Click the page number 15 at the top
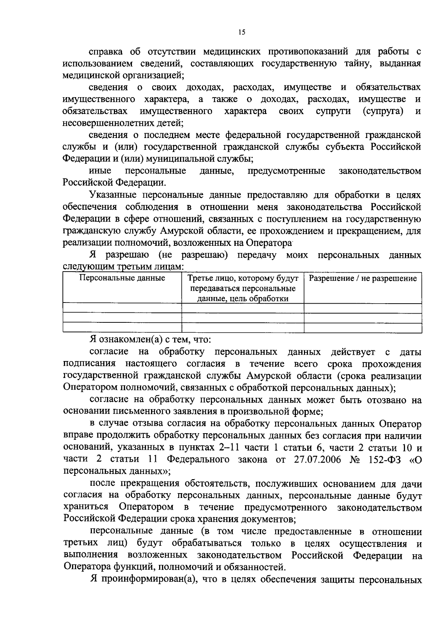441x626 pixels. pos(241,32)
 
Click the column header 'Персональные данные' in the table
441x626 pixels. pos(122,278)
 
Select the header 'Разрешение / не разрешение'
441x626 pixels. pos(363,278)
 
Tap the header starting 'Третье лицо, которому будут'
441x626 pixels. pos(243,278)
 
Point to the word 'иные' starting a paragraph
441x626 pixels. pos(100,171)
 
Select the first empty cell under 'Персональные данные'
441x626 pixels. pos(122,308)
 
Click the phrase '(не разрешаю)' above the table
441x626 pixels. pos(193,255)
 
